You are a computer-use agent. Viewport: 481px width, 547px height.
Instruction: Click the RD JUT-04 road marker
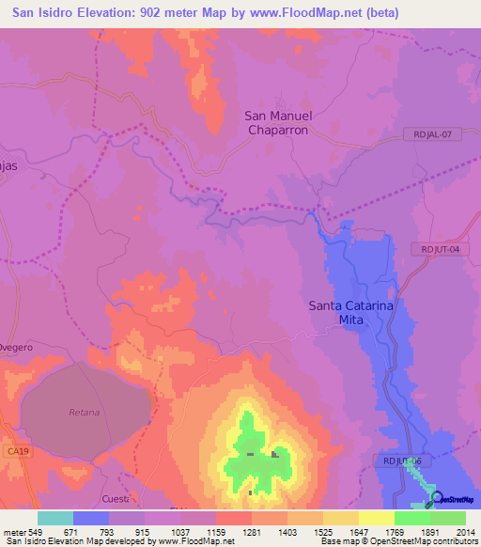tap(439, 249)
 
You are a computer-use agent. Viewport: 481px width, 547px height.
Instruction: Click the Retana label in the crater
tap(84, 413)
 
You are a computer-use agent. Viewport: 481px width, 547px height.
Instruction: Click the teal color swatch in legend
tap(55, 518)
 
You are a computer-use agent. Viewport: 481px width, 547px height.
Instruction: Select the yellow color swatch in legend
tap(377, 518)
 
